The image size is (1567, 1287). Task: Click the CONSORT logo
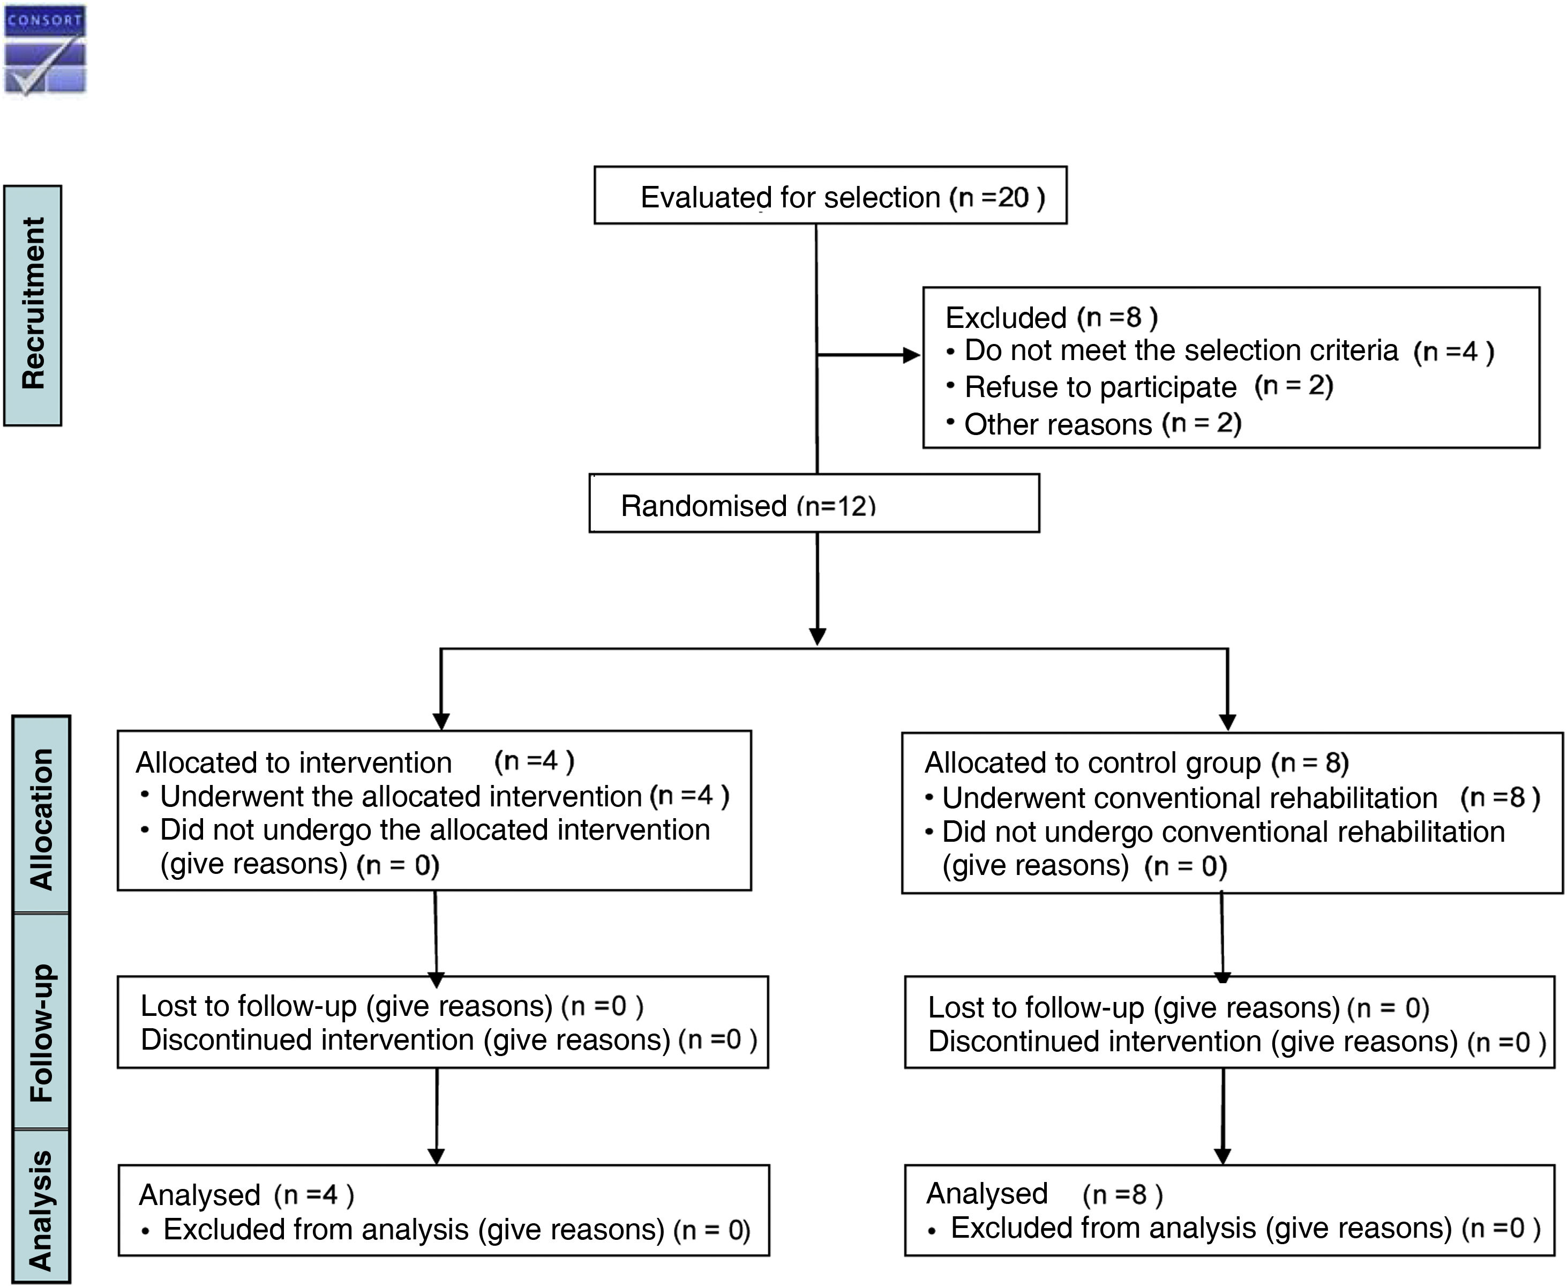coord(45,50)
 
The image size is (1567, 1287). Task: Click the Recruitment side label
coord(33,305)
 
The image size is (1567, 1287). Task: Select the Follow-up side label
coord(41,1032)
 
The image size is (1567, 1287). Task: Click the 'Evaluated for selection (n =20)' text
coord(842,197)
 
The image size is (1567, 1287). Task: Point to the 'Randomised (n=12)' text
coord(747,506)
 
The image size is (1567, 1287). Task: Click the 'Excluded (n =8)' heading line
coord(1051,317)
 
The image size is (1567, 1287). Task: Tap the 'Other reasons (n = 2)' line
coord(1101,424)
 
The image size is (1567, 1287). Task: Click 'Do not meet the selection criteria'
coord(1180,350)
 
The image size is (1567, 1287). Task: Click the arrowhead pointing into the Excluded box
coord(912,356)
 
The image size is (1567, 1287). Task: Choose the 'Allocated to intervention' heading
coord(294,762)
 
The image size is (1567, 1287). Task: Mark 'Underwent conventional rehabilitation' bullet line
coord(1189,798)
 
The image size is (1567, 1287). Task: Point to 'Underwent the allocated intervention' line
coord(400,796)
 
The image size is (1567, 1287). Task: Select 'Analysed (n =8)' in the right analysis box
coord(1044,1194)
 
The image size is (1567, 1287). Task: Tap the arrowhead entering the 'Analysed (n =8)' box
coord(1223,1156)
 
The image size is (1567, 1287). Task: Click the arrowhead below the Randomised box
coord(817,636)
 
